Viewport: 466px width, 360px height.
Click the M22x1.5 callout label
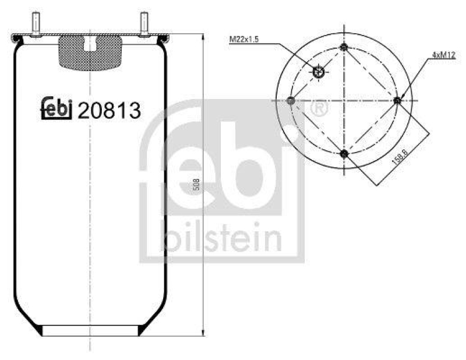pos(244,40)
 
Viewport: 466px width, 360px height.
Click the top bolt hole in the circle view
pos(344,48)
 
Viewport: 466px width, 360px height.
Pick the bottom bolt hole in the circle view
pos(344,154)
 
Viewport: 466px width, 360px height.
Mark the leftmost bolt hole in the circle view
pos(291,101)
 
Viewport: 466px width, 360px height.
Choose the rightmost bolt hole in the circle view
pos(397,101)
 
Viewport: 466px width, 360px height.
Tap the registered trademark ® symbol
pos(320,108)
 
